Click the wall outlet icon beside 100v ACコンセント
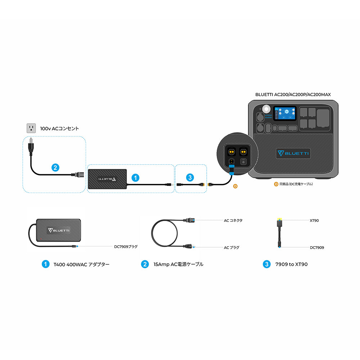31,128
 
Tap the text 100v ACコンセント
59,129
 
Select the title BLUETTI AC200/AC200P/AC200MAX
293,94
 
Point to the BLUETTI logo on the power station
293,153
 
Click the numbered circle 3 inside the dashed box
190,177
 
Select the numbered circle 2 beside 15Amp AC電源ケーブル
145,264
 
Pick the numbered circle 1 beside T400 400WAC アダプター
45,264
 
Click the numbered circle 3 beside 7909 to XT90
266,264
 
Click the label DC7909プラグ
126,247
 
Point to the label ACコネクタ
233,220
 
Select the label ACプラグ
231,247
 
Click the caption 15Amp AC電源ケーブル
178,264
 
